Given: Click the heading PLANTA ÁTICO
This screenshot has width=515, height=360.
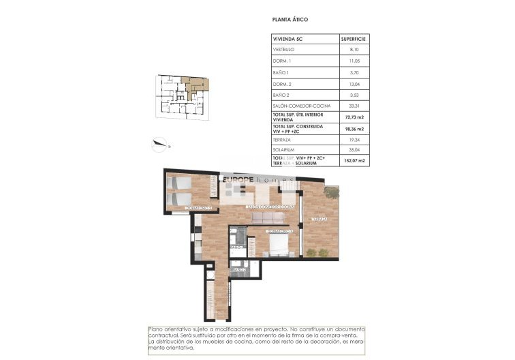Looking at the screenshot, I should click(290, 20).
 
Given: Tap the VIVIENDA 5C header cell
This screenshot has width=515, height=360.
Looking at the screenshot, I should click(286, 40).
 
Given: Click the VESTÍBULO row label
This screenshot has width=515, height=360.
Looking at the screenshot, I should click(283, 50).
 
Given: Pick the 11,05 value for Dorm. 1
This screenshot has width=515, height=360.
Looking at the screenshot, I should click(354, 61).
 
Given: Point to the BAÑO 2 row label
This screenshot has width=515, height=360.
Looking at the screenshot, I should click(281, 95).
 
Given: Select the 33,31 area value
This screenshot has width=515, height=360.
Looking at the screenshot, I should click(354, 106).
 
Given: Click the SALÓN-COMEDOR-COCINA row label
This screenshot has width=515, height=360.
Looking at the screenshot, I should click(297, 106).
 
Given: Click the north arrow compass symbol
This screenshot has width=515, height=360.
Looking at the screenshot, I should click(161, 143).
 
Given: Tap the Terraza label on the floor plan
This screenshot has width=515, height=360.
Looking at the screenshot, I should click(320, 219).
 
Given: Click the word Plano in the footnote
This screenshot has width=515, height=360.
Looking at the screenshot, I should click(157, 329).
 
